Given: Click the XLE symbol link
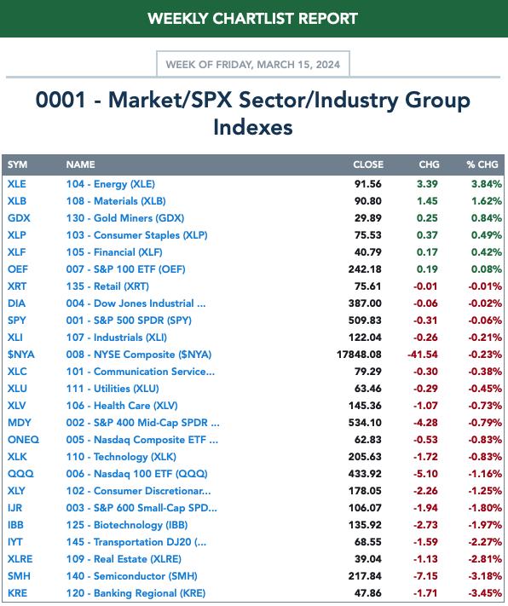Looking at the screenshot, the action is point(17,184).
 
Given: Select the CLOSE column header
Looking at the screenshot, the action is point(368,164).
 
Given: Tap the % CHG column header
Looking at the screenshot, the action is point(482,164).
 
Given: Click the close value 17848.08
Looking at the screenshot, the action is point(359,355).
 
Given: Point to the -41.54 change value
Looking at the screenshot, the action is point(423,355).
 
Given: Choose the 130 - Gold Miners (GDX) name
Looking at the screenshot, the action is point(125,218).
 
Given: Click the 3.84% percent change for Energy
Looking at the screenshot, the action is point(487,184).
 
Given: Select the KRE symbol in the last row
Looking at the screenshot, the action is point(17,593).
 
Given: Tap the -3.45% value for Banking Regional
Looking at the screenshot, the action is point(485,593).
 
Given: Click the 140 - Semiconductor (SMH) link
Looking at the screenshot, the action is point(131,576).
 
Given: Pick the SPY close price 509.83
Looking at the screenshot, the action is point(365,320).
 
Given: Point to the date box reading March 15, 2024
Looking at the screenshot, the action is point(253,64).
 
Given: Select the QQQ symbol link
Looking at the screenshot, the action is point(20,474).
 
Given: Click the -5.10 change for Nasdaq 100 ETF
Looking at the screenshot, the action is point(425,474).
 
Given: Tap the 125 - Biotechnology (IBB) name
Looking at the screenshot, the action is point(127,525).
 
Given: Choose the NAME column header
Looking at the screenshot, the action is point(80,164).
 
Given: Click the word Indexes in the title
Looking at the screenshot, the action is point(253,127).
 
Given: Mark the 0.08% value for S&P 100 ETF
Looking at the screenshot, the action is point(487,269).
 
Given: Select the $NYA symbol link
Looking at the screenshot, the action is point(20,355).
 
